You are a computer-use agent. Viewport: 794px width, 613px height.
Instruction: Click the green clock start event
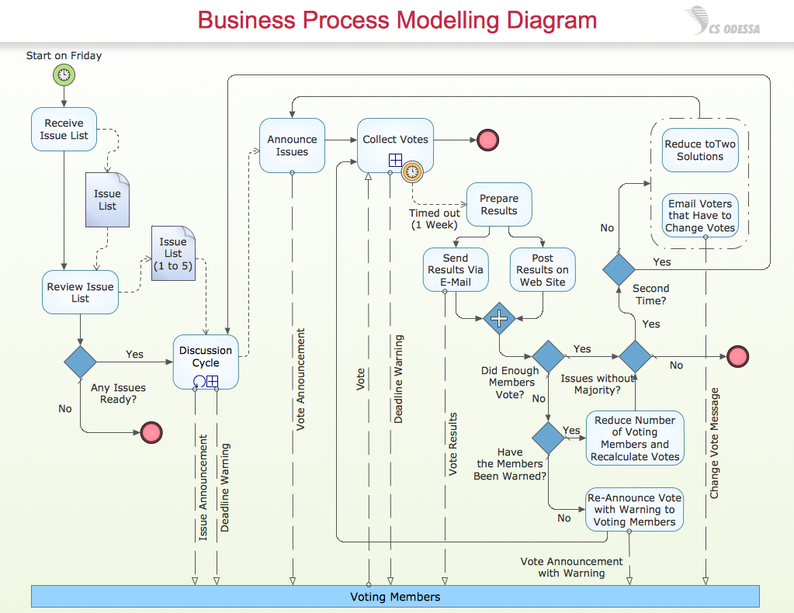click(64, 75)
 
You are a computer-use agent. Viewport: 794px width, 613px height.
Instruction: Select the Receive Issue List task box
click(64, 129)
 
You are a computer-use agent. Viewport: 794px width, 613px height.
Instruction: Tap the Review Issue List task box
click(80, 292)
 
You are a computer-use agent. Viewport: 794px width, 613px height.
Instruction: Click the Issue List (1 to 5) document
click(173, 253)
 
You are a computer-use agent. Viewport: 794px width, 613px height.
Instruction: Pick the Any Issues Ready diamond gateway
click(80, 362)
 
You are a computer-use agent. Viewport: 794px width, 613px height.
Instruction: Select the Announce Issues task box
click(292, 145)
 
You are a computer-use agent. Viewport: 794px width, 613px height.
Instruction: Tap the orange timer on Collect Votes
click(412, 171)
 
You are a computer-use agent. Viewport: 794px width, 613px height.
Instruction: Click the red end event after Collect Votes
click(487, 140)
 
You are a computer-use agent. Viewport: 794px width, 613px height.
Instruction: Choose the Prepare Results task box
click(498, 204)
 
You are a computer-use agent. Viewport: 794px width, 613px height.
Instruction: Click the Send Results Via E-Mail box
click(456, 269)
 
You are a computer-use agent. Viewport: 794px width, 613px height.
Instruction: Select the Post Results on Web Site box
click(543, 269)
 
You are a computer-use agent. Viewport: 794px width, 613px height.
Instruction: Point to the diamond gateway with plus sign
click(498, 318)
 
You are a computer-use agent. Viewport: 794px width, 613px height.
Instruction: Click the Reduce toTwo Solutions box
click(699, 150)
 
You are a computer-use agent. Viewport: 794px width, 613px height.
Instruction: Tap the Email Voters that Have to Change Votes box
click(699, 216)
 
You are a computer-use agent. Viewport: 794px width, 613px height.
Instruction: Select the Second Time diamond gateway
click(619, 269)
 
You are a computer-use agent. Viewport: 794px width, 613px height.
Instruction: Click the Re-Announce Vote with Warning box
click(634, 509)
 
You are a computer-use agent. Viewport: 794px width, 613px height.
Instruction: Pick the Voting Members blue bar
click(394, 596)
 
